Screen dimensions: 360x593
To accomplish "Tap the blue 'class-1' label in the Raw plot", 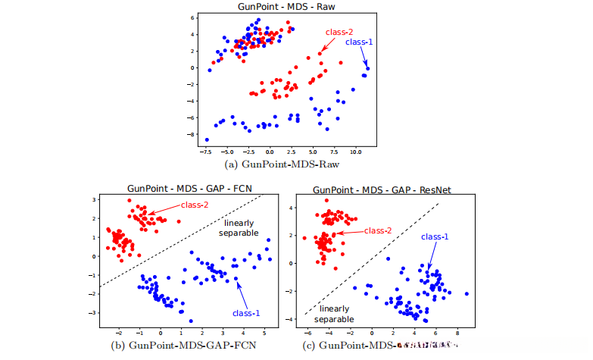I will tap(359, 42).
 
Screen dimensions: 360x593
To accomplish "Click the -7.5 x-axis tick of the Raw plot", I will tap(204, 152).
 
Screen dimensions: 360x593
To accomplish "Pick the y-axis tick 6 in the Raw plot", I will tap(192, 17).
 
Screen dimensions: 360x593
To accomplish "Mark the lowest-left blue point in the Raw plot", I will tap(207, 139).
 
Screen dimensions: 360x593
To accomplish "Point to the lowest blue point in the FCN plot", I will tap(190, 321).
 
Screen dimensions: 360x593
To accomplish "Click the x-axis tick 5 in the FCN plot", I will tap(265, 333).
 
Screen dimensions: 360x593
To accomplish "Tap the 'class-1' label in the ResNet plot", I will tap(435, 237).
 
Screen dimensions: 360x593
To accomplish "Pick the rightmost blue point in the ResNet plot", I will tap(467, 293).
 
